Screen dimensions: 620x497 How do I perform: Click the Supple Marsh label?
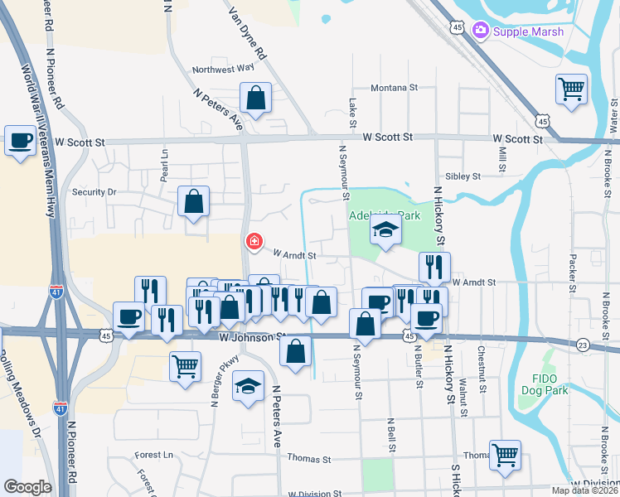click(528, 31)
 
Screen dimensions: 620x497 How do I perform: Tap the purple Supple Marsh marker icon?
click(480, 31)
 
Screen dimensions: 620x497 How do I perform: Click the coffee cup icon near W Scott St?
click(20, 138)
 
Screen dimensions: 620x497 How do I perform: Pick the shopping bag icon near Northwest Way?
click(256, 97)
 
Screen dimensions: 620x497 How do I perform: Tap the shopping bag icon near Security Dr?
click(193, 200)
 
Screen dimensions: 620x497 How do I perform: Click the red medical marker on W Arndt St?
click(254, 242)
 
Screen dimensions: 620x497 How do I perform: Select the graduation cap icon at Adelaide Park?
click(385, 230)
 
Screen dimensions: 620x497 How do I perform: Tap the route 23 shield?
click(584, 345)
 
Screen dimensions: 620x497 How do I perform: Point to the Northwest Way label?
click(223, 70)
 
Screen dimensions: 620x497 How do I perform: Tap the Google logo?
click(27, 487)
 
